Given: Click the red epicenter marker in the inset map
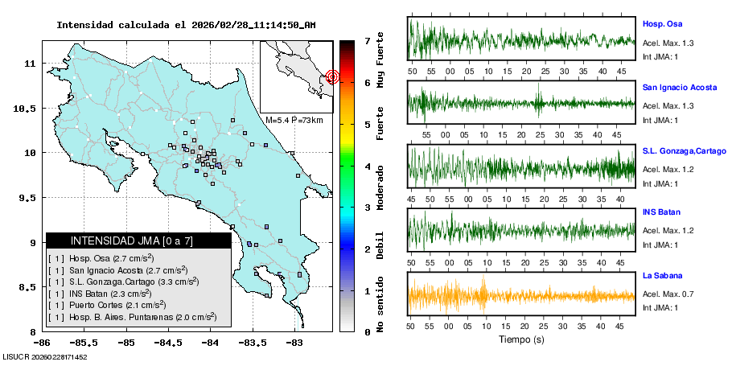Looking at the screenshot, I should point(333,77).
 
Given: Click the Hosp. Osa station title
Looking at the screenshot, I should point(662,25).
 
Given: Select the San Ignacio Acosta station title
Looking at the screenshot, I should point(679,86).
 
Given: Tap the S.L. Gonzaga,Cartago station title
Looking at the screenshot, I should point(684,151).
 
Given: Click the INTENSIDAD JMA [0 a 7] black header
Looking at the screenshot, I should point(138,240).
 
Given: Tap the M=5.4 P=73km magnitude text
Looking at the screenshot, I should point(294,120).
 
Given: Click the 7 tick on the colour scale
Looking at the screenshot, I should point(367,40).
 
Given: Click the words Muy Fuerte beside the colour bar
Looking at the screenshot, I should point(380,63).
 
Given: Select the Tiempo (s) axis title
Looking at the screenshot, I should point(521,339).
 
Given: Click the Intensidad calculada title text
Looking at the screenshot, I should point(186,25).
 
